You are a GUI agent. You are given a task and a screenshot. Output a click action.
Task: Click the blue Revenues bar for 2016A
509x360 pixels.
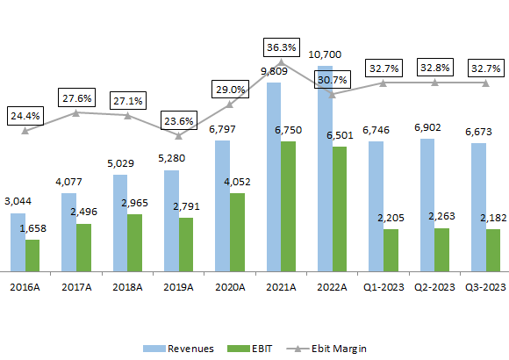[x=18, y=241]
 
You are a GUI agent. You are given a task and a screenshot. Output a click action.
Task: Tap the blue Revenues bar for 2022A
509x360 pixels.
[x=324, y=167]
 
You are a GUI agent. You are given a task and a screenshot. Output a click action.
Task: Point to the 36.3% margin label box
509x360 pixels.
[x=282, y=47]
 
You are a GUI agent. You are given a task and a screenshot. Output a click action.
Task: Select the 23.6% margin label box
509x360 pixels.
[x=179, y=119]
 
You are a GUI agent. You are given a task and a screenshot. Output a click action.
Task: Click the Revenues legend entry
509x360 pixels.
[x=181, y=349]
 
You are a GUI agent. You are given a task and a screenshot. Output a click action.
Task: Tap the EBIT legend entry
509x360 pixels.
[x=252, y=349]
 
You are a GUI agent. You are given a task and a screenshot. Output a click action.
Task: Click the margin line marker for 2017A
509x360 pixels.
[x=76, y=112]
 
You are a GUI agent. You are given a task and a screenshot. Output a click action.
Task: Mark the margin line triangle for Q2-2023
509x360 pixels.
[x=434, y=83]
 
